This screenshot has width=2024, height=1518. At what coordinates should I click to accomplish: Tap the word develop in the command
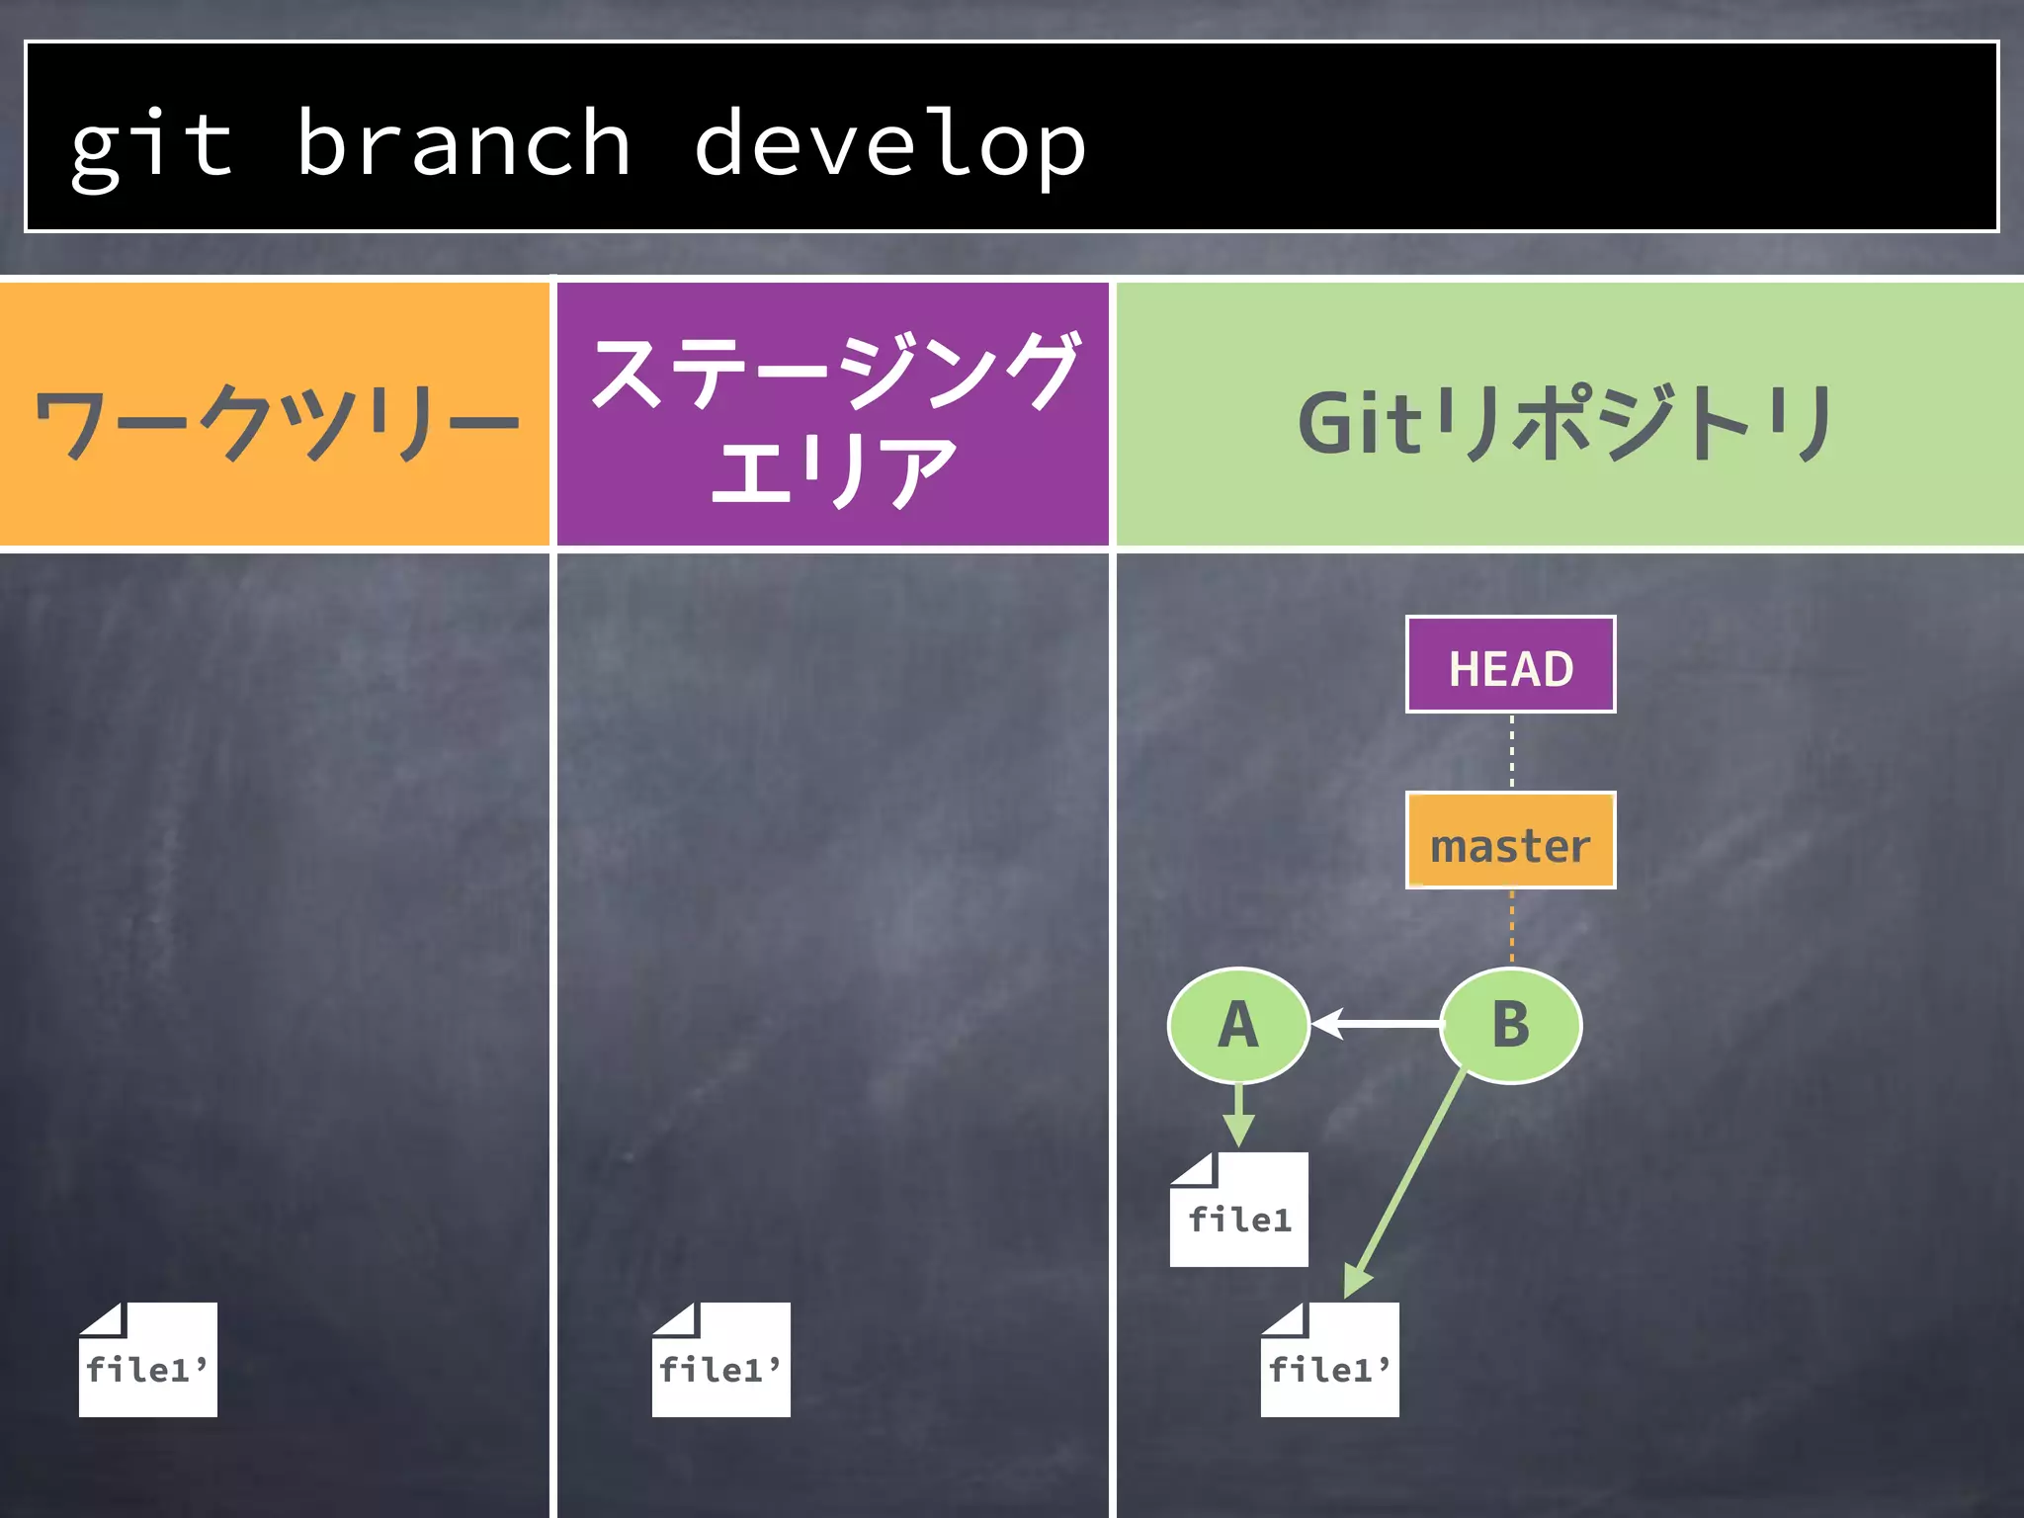(889, 146)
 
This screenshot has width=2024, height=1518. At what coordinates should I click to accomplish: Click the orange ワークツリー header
(275, 415)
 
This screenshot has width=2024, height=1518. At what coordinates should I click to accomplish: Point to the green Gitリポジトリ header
(1569, 423)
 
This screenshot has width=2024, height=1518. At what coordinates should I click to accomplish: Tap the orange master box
(1510, 841)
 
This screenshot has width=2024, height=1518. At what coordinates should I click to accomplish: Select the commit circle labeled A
(1238, 1025)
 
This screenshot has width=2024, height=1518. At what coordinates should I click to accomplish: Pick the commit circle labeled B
(1510, 1025)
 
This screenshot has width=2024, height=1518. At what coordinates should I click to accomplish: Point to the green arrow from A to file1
(1238, 1115)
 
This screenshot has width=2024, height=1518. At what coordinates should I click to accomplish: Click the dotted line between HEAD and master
(1511, 751)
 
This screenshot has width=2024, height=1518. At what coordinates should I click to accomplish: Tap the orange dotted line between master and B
(1511, 926)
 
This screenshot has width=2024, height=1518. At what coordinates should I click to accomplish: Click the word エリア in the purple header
(832, 470)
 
